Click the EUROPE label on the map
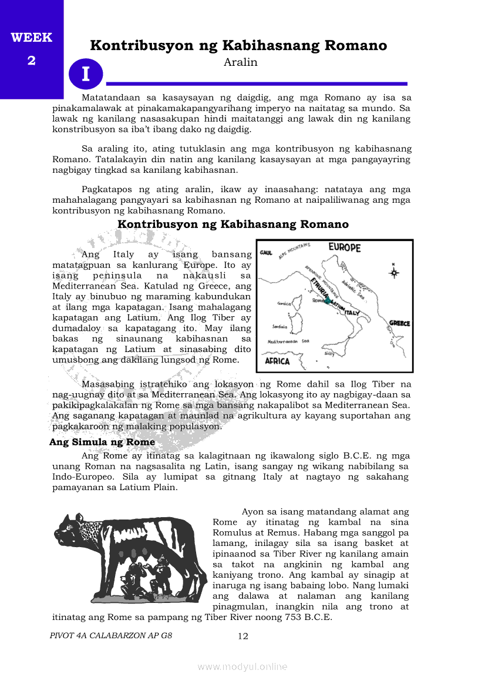click(x=344, y=247)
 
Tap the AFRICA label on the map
click(x=277, y=361)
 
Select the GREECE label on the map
click(x=400, y=323)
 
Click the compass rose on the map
click(x=394, y=272)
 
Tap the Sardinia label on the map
click(x=279, y=326)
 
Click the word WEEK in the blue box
click(x=31, y=38)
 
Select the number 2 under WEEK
click(x=31, y=61)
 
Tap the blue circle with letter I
click(x=86, y=74)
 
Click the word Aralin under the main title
click(x=241, y=62)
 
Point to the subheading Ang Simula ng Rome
click(x=102, y=442)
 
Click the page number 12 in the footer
click(x=243, y=636)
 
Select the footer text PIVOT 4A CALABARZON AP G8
click(x=112, y=636)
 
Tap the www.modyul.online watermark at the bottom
click(x=242, y=666)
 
